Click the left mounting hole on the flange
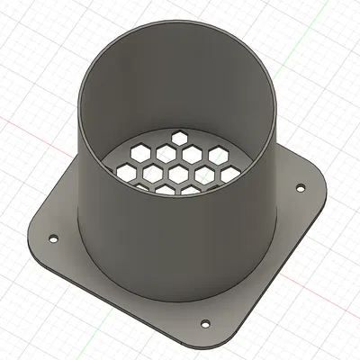click(51, 239)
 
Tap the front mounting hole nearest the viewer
click(204, 321)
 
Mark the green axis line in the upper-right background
click(306, 45)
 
